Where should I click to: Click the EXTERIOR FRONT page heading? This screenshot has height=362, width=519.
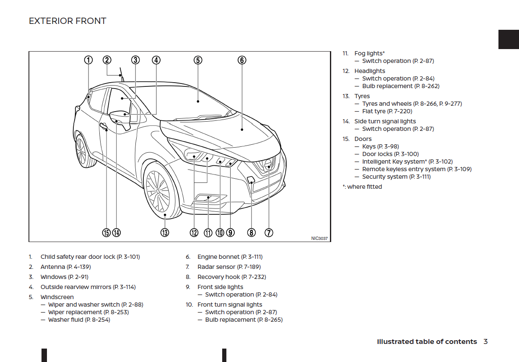point(67,21)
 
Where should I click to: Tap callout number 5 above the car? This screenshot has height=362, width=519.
point(198,60)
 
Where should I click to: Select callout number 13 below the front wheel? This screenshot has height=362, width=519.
point(165,232)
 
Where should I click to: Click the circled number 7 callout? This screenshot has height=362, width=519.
point(269,232)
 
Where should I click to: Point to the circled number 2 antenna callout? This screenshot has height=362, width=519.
point(107,60)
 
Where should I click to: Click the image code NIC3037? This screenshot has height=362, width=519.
point(319,238)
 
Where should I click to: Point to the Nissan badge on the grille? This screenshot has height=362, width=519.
point(268,166)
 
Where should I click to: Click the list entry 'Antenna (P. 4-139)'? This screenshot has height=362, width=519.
point(65,267)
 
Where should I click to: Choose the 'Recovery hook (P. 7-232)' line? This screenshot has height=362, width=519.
point(231,277)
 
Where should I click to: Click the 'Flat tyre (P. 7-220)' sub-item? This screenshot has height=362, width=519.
point(387,111)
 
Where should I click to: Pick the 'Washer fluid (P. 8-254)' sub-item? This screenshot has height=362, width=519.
point(79,320)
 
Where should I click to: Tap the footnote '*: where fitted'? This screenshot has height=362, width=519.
point(362,187)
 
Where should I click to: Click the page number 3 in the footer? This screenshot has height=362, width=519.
point(485,341)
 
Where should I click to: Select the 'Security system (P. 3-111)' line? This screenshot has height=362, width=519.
point(396,177)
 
